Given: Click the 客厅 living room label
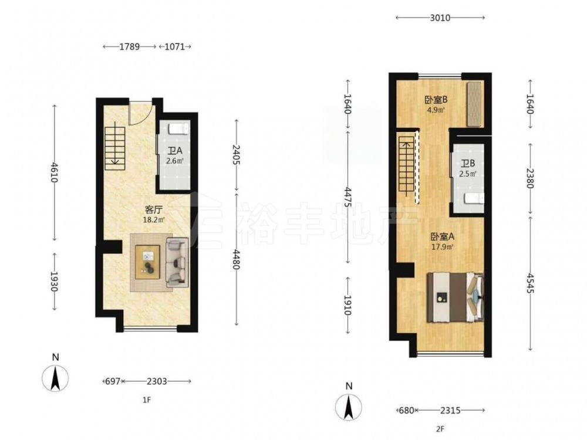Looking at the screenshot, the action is tap(153, 209).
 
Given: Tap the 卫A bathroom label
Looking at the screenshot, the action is tap(175, 151).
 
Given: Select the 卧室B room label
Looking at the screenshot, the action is tap(436, 100).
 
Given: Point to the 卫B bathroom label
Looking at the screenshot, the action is tap(468, 164).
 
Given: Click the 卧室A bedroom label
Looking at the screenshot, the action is tap(443, 236).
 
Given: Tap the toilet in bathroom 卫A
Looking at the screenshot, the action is tap(178, 129).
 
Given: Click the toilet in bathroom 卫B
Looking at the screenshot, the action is tap(474, 198).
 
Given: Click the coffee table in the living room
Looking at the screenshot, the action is tap(147, 262).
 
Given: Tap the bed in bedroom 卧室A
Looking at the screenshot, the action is tap(456, 297).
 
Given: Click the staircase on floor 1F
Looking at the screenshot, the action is tap(114, 148).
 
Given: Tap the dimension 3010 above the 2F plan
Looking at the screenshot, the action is tap(440, 18).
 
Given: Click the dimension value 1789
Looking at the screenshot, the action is tap(130, 47).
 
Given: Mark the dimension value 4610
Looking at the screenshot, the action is tap(55, 172).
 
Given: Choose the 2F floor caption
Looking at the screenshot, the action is tap(440, 429).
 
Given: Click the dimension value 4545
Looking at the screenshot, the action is tap(529, 283).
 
